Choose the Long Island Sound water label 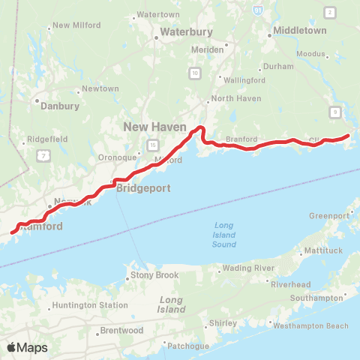tap(224, 235)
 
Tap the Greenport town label tap(329, 216)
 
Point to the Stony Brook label tap(155, 275)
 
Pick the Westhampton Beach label tap(311, 325)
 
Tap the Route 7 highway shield tap(44, 154)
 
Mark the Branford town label tap(241, 139)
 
